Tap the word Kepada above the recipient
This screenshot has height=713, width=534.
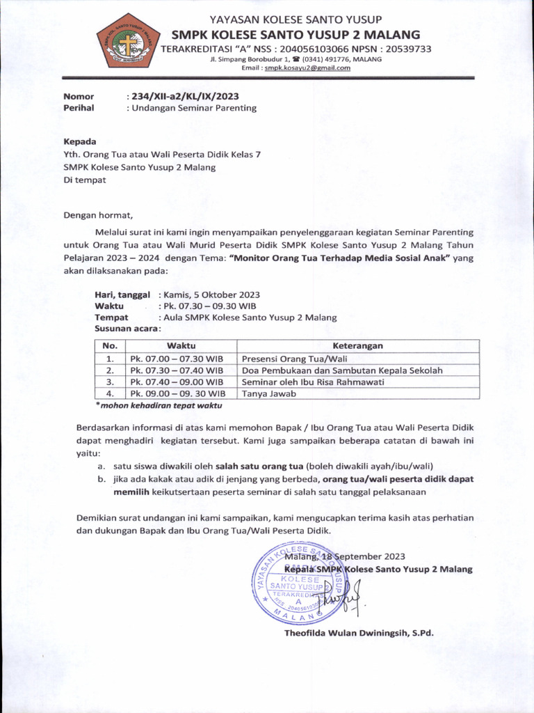[80, 141]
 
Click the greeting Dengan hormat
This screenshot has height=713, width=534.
[97, 215]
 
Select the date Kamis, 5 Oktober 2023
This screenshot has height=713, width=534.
[209, 295]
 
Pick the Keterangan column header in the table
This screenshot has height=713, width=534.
[357, 346]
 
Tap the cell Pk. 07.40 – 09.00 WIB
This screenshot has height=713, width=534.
[177, 382]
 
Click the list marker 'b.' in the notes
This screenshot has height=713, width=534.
[102, 479]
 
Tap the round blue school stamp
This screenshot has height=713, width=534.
[299, 584]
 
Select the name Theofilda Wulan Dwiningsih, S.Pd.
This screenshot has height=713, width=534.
[358, 633]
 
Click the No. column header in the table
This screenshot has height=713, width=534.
[110, 346]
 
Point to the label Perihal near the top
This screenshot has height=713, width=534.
[79, 108]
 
